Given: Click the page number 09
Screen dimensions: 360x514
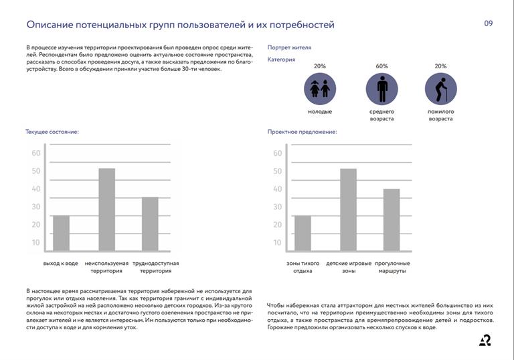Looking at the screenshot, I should tap(488, 23).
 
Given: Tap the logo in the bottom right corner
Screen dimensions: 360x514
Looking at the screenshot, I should tap(485, 341).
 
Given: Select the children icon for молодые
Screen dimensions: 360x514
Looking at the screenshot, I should tap(320, 88).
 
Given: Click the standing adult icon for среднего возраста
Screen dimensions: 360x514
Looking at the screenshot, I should tap(381, 88).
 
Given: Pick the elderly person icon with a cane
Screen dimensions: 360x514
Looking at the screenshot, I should tap(440, 88).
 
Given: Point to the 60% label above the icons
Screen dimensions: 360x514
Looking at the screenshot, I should tap(381, 66).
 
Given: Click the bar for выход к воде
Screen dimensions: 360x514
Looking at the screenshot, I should tap(61, 233).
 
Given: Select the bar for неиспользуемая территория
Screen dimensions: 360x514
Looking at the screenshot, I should tap(107, 209).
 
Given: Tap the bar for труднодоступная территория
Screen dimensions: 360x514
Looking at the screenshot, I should tap(150, 223).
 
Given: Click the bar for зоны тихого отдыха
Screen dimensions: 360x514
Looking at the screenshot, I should tap(303, 233).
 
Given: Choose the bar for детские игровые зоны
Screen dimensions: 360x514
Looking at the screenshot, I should tap(348, 209).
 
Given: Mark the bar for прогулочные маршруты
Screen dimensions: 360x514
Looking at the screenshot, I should tap(392, 219).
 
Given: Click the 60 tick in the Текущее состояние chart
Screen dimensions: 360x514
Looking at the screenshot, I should tap(36, 153).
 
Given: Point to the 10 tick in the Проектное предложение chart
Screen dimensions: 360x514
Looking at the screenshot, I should tap(277, 243).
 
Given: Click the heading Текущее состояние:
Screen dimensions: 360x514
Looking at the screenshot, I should tap(52, 132).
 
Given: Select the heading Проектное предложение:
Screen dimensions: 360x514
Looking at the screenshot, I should tap(302, 132).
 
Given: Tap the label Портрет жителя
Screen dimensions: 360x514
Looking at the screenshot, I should tap(289, 48).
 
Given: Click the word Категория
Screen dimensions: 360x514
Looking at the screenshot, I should tap(281, 60).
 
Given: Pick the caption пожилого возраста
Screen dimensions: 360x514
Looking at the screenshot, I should tap(440, 115).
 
